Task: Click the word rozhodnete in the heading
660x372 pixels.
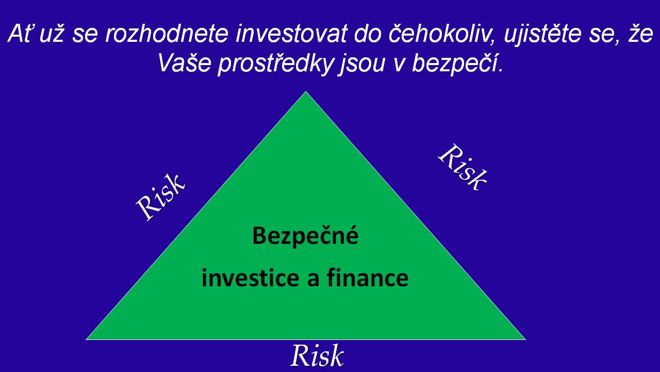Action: (x=167, y=34)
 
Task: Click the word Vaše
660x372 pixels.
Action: (x=184, y=63)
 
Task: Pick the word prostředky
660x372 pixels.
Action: (x=275, y=64)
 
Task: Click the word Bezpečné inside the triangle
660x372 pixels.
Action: (x=305, y=237)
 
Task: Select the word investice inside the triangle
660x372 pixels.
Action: (x=251, y=278)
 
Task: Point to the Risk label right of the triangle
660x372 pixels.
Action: (x=463, y=167)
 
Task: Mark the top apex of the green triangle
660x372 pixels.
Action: (x=306, y=91)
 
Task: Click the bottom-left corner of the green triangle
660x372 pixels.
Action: (x=86, y=339)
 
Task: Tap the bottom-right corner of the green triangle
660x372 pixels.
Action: (x=525, y=339)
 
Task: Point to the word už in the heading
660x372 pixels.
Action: (x=51, y=34)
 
